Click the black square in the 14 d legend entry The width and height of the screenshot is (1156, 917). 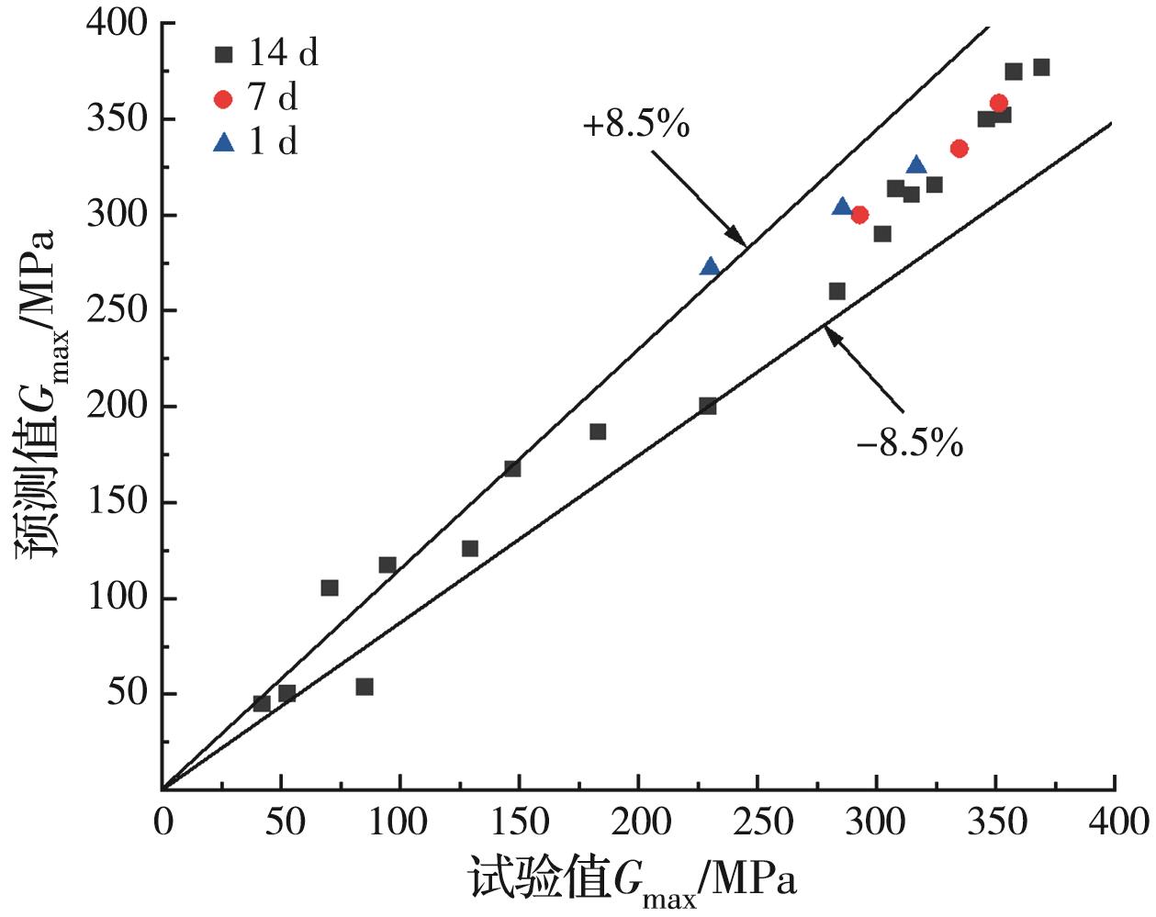coord(223,54)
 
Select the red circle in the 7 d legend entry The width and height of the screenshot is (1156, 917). coord(223,98)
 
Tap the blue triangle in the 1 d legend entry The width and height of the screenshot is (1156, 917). coord(223,142)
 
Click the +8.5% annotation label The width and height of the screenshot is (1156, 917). coord(636,124)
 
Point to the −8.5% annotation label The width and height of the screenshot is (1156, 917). coord(910,444)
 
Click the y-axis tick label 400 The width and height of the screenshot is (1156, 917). coord(117,23)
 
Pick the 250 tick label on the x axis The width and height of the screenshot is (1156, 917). coord(758,822)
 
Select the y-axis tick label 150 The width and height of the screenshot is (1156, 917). coord(117,502)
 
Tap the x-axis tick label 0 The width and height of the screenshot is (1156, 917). coord(163,822)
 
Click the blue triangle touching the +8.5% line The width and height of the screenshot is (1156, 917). coord(710,266)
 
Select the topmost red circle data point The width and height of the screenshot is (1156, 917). coord(999,103)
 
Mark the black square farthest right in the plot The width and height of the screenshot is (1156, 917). coord(1041,67)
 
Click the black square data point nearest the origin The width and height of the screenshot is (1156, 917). coord(262,703)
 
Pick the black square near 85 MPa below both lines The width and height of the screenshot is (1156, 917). coord(365,687)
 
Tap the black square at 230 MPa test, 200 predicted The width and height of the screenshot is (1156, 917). coord(708,406)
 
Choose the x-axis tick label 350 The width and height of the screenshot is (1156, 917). coord(996,822)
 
